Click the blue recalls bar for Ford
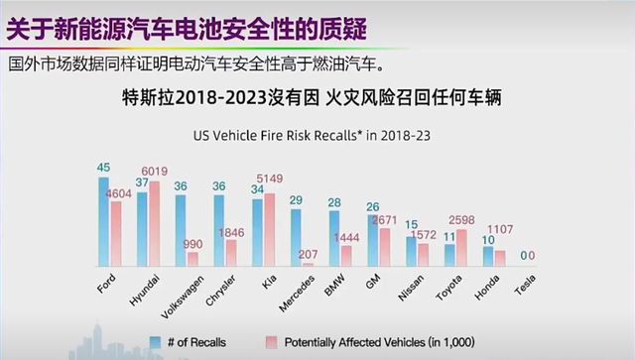(x=104, y=221)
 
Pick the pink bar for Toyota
(x=461, y=247)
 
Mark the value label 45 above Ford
(x=104, y=168)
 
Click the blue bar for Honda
(x=488, y=256)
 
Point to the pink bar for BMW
(x=346, y=255)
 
